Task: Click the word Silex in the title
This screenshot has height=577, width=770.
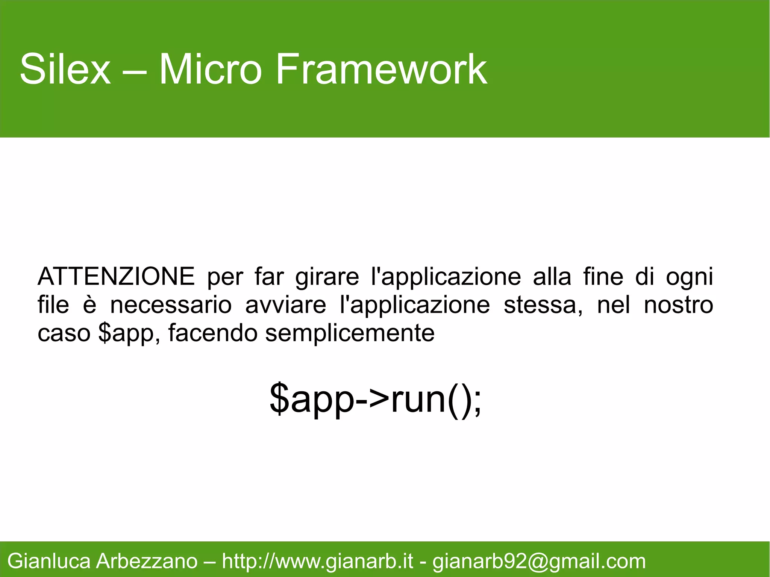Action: (65, 70)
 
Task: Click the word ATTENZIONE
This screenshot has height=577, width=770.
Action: (116, 277)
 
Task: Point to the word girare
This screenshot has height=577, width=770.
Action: (327, 277)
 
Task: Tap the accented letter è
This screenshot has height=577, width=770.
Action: (89, 304)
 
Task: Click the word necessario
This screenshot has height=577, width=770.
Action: (171, 305)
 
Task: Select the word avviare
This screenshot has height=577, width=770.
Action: (285, 305)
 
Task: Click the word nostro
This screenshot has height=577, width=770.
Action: (678, 305)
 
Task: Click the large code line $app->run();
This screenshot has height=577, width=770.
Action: (375, 399)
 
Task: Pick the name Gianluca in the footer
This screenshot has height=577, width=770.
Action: (49, 561)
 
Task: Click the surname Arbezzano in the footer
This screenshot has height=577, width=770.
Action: (147, 561)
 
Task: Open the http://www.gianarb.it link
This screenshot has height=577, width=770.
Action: (318, 561)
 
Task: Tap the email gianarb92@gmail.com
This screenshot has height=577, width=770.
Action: (539, 561)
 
